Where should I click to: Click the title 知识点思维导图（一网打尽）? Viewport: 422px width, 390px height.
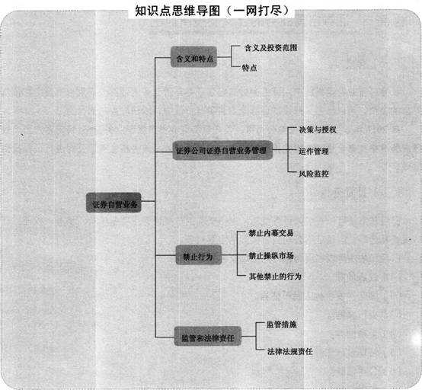[212, 11]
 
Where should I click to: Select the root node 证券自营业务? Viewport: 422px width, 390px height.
[113, 203]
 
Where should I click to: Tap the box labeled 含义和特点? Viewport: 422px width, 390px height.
[193, 57]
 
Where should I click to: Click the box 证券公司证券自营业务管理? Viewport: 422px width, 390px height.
[222, 150]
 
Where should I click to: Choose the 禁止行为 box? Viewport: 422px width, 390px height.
[199, 255]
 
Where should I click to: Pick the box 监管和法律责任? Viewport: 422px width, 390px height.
[207, 336]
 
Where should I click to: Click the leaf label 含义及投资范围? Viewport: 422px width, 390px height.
[270, 48]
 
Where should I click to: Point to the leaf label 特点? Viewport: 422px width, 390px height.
[249, 68]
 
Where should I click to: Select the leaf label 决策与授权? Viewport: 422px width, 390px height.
[318, 129]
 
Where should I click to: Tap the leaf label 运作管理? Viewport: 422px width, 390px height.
[314, 152]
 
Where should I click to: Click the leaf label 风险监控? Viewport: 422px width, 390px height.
[314, 174]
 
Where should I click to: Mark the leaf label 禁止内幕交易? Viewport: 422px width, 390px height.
[271, 233]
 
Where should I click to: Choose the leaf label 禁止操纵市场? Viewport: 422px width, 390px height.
[271, 255]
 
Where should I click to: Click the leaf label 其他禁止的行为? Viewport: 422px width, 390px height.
[275, 277]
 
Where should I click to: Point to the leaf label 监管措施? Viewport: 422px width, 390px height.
[282, 324]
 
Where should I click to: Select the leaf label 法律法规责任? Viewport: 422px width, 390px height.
[290, 351]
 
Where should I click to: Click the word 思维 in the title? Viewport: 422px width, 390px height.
[177, 11]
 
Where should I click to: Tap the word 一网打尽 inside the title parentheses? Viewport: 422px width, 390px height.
[257, 11]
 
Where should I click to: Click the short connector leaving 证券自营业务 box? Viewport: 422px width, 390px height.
[148, 201]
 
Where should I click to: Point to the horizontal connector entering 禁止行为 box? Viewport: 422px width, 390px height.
[165, 255]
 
